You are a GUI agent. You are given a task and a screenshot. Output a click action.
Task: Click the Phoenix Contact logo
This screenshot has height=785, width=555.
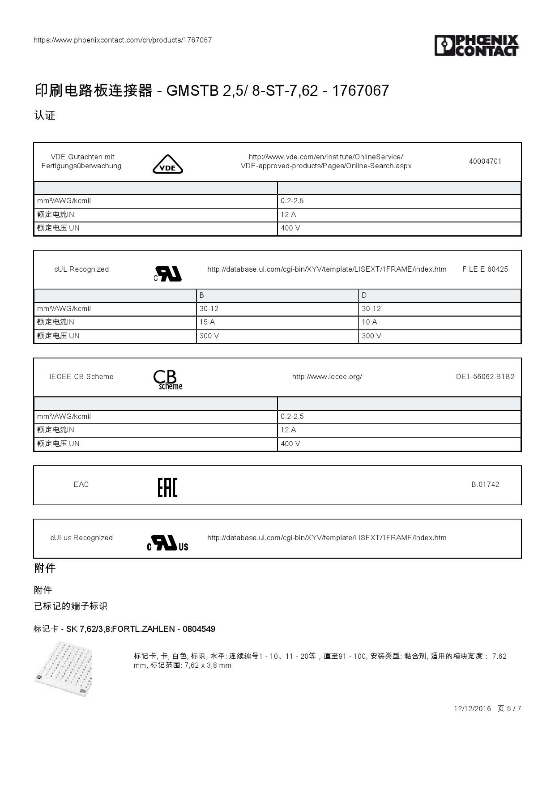pyautogui.click(x=476, y=46)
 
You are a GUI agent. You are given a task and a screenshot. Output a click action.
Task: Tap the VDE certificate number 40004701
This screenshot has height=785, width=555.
pyautogui.click(x=485, y=162)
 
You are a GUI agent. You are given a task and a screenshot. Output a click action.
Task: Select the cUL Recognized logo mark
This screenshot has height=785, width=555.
pyautogui.click(x=168, y=274)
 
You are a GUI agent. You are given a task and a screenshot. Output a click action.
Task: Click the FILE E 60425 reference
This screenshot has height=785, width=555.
pyautogui.click(x=485, y=269)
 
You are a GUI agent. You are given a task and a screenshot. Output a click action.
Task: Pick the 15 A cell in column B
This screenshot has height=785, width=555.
pyautogui.click(x=207, y=322)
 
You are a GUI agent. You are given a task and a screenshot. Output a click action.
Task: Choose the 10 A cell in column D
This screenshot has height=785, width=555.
pyautogui.click(x=370, y=322)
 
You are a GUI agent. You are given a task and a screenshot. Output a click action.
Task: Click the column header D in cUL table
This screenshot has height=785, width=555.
pyautogui.click(x=364, y=295)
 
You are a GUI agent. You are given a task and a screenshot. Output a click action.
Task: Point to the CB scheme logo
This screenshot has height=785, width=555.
pyautogui.click(x=168, y=380)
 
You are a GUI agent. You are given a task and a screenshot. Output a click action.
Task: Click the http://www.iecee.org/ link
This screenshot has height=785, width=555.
pyautogui.click(x=327, y=377)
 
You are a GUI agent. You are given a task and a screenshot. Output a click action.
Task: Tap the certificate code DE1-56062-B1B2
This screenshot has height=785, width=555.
pyautogui.click(x=485, y=377)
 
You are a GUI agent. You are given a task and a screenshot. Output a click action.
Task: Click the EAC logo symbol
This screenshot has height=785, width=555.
pyautogui.click(x=168, y=487)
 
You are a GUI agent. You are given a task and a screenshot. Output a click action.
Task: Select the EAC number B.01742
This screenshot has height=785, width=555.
pyautogui.click(x=485, y=485)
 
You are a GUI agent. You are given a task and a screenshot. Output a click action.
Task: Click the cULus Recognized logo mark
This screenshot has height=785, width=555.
pyautogui.click(x=168, y=543)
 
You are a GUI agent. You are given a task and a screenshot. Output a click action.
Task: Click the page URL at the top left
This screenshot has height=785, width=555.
pyautogui.click(x=123, y=40)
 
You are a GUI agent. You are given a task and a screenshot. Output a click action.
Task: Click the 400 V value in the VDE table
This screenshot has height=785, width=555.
pyautogui.click(x=290, y=228)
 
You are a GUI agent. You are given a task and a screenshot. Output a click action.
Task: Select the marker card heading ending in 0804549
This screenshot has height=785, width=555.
pyautogui.click(x=124, y=629)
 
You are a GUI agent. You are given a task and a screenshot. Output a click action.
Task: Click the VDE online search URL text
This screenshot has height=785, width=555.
pyautogui.click(x=326, y=162)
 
